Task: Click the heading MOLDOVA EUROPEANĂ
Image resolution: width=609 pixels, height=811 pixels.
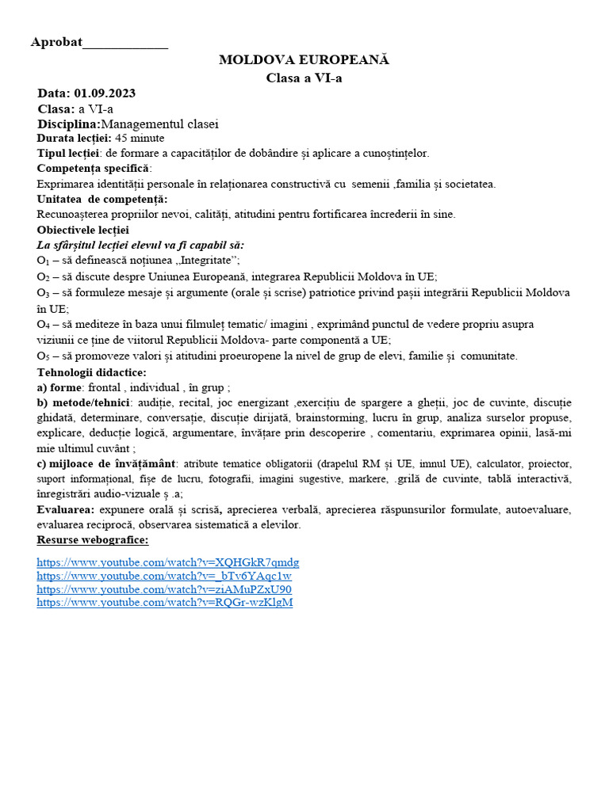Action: point(304,60)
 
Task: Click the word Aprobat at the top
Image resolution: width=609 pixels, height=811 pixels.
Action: point(56,42)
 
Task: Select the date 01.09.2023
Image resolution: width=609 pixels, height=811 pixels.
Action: point(105,93)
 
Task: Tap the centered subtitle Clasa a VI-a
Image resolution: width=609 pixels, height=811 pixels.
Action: point(304,78)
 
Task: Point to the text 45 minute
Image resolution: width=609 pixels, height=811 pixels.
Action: point(140,139)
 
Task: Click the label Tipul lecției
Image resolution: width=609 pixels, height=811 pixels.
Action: point(68,154)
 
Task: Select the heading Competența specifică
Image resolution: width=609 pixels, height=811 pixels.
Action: point(93,169)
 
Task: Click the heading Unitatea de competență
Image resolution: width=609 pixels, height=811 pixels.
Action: point(101,199)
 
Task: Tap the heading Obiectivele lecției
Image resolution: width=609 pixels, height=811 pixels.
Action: point(82,230)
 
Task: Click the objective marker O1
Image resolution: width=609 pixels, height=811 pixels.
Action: point(43,261)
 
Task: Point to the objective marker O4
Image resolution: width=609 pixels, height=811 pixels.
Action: point(43,325)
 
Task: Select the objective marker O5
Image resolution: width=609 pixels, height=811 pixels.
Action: point(43,356)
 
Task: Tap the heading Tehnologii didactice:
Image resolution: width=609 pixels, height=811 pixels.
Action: point(91,372)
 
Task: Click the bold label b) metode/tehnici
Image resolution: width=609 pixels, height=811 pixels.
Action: point(83,402)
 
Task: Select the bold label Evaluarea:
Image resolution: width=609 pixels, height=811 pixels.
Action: point(65,510)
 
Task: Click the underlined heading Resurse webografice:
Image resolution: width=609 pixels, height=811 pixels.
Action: point(92,540)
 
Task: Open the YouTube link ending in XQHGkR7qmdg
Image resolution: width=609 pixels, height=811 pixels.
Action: point(168,563)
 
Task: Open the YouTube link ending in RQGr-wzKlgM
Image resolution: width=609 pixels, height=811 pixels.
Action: point(165,603)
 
